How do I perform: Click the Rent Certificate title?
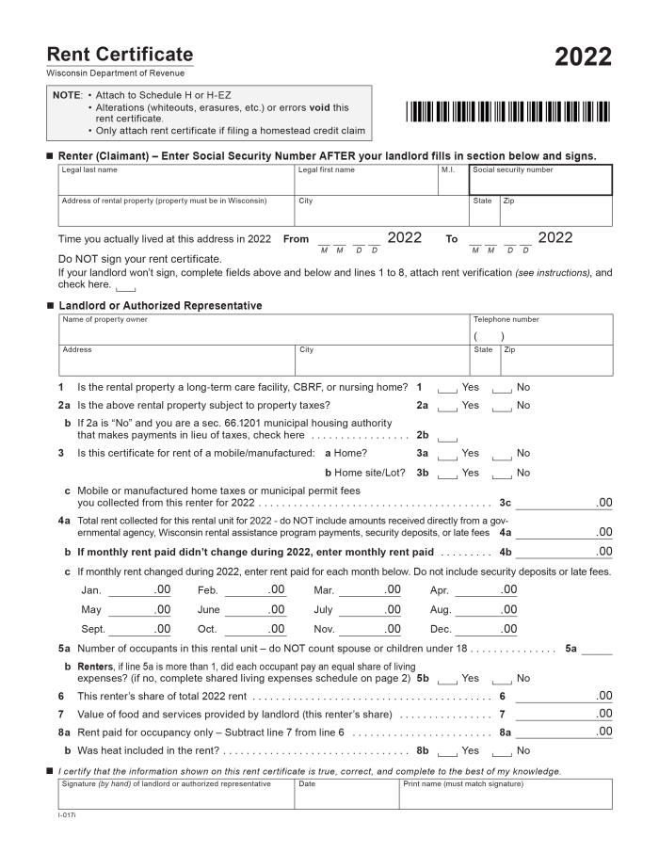click(120, 55)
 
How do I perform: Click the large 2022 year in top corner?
click(583, 57)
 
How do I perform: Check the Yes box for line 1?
click(448, 388)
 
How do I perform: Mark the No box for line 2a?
click(503, 406)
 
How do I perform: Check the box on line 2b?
click(448, 437)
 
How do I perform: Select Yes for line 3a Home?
click(448, 454)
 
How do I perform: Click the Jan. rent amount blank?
click(138, 591)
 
